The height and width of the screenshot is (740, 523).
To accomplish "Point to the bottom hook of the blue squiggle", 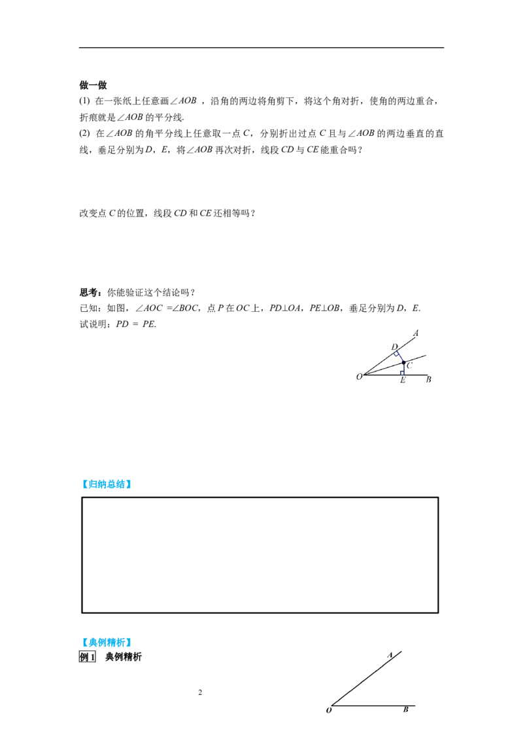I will point(401,373).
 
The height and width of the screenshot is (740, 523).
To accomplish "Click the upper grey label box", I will point(105,484).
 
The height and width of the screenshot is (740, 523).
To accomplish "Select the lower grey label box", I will point(105,641).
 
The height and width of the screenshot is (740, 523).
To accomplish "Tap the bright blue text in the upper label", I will point(106,484).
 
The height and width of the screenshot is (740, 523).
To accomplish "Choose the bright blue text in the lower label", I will point(106,642).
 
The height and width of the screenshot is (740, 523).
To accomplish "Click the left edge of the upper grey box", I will point(80,484).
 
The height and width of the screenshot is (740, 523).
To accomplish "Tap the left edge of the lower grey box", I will point(80,641).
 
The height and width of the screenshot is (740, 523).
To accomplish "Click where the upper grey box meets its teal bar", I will point(131,486).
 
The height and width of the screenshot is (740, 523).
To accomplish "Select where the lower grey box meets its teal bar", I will point(131,643).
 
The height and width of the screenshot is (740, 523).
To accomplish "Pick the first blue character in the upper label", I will point(85,484).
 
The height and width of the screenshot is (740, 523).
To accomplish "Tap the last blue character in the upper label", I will point(127,484).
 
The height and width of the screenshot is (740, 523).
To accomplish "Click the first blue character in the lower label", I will point(85,642).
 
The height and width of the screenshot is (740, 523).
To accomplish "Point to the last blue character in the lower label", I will point(127,642).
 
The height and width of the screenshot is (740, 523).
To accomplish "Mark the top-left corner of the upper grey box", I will point(79,477).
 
